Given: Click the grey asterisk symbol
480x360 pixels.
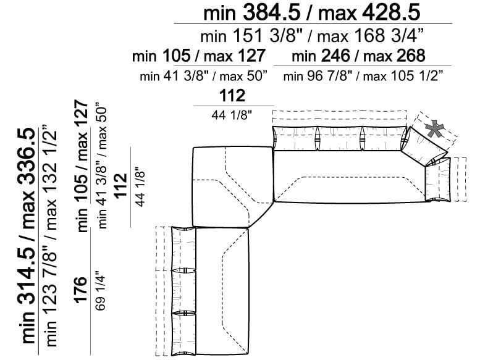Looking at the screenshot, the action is (x=435, y=129).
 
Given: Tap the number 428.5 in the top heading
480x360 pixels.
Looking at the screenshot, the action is (x=391, y=13).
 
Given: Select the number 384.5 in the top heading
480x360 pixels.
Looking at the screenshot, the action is (x=272, y=13).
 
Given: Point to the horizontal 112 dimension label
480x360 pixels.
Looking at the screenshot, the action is (x=232, y=96).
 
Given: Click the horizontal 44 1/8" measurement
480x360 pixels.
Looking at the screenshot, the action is (x=232, y=115).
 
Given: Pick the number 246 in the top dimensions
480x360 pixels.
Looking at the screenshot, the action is (x=335, y=56).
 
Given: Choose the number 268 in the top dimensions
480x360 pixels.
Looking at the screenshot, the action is (x=411, y=56).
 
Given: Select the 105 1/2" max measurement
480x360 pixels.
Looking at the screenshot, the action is (x=416, y=75).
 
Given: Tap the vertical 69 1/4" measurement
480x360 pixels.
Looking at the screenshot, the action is (x=101, y=291).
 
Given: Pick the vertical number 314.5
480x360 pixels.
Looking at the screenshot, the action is (x=27, y=283).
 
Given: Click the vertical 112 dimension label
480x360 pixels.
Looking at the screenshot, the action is (x=120, y=186).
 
